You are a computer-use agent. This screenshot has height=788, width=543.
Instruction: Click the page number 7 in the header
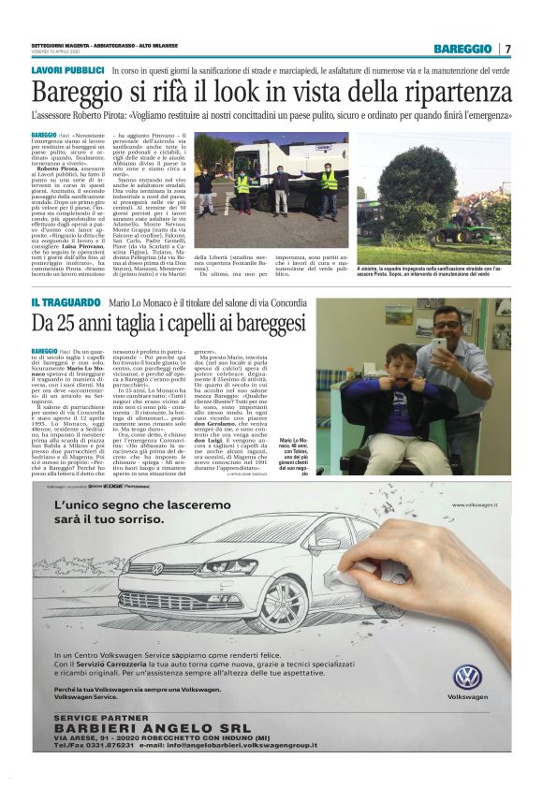click(509, 49)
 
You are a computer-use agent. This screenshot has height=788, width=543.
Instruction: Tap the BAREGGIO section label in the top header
click(462, 49)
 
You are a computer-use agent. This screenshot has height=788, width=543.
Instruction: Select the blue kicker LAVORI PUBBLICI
click(67, 71)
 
